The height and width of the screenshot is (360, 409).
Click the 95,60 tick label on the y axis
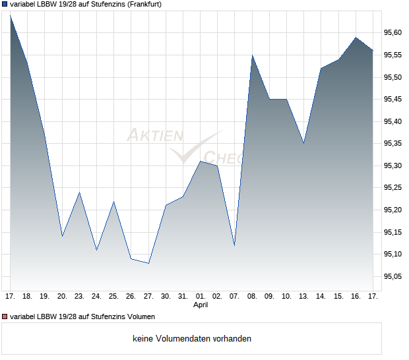tap(393, 33)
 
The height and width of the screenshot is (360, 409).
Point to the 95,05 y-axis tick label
tap(393, 276)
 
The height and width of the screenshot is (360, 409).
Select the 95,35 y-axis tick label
tap(393, 144)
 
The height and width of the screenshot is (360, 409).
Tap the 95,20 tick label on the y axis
tap(393, 210)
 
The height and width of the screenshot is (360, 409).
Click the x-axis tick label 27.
tap(148, 297)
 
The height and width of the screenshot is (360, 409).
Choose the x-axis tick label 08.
tap(252, 297)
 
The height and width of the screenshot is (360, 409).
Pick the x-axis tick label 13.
tap(303, 297)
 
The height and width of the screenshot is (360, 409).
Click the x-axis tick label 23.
tap(79, 297)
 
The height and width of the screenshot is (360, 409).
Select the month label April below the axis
tap(201, 305)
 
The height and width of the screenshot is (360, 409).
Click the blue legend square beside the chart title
tap(5, 4)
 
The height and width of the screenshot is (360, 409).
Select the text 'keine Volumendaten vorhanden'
tap(192, 339)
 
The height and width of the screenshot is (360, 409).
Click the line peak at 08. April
tap(252, 55)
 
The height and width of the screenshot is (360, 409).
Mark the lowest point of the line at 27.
tap(148, 263)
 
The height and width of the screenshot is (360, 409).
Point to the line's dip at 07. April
tap(235, 245)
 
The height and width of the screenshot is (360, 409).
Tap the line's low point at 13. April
tap(303, 143)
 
